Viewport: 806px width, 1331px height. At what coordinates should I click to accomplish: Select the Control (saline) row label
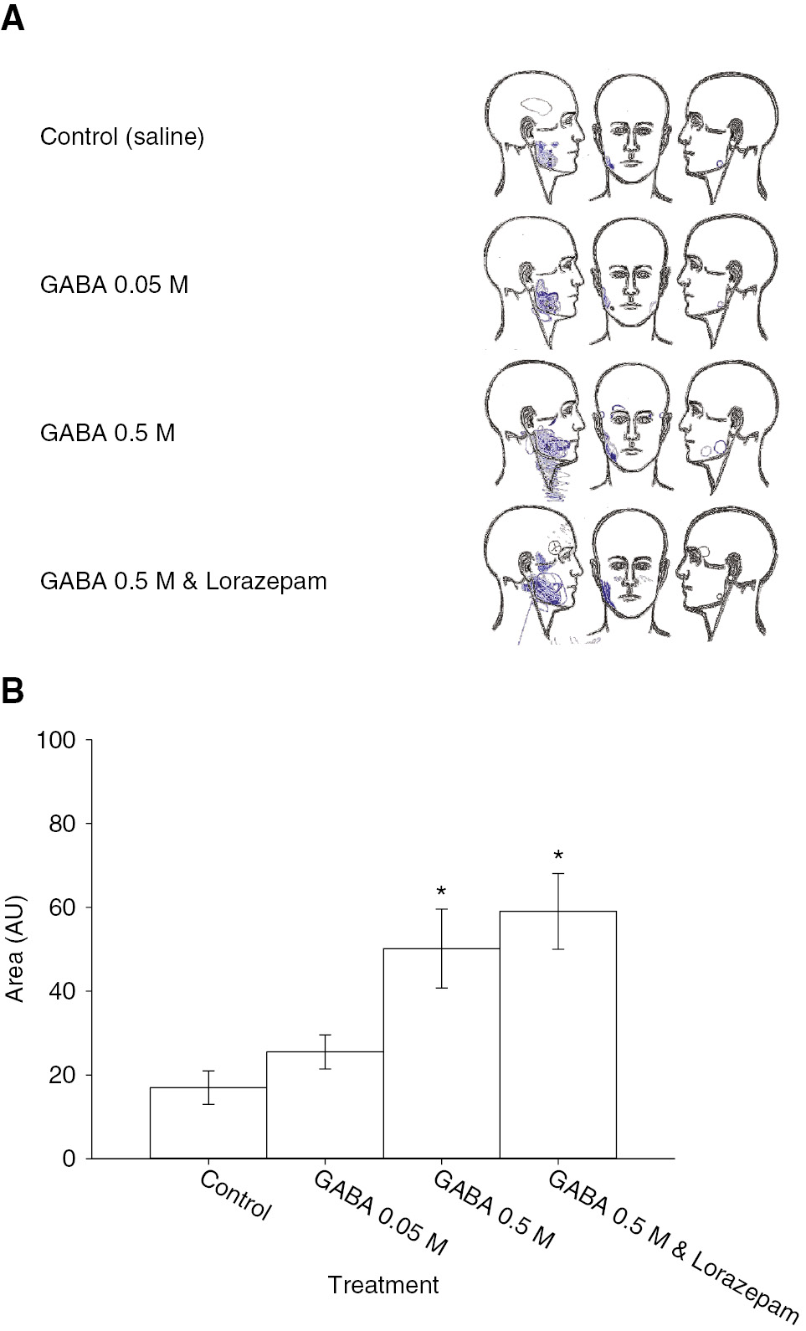coord(122,136)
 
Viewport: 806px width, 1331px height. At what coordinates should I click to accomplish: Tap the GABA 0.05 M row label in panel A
coord(114,285)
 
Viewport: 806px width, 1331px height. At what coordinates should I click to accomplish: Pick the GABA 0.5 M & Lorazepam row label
coord(183,580)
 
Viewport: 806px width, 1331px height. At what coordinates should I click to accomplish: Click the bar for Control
coord(208,1126)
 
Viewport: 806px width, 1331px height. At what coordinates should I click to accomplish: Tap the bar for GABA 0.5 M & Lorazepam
coord(558,1038)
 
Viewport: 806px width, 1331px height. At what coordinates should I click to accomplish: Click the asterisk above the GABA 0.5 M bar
coord(441,892)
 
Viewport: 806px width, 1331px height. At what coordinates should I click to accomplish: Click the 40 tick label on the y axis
coord(63,991)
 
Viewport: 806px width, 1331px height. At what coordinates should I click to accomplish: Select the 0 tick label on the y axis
coord(69,1159)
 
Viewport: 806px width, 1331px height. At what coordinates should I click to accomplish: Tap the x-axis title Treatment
coord(383,1285)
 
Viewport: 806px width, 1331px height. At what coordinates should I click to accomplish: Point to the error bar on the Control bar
coord(208,1087)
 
